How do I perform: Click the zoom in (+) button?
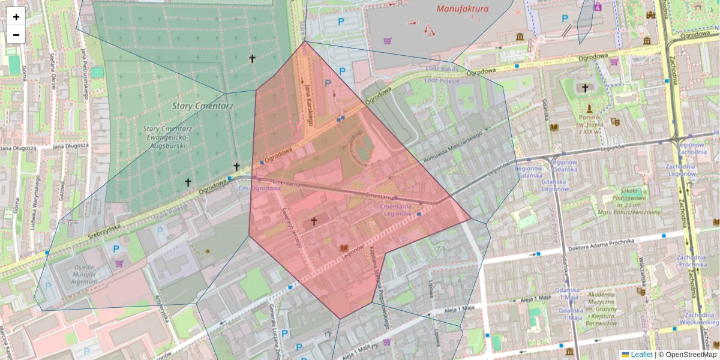click(16, 17)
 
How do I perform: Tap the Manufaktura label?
click(463, 9)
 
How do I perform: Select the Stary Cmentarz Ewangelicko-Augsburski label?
click(167, 137)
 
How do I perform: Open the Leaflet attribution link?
click(641, 355)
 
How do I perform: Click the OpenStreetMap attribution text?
click(691, 355)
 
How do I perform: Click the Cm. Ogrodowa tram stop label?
click(259, 188)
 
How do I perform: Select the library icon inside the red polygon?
click(344, 248)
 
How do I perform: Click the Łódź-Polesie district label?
click(442, 80)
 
